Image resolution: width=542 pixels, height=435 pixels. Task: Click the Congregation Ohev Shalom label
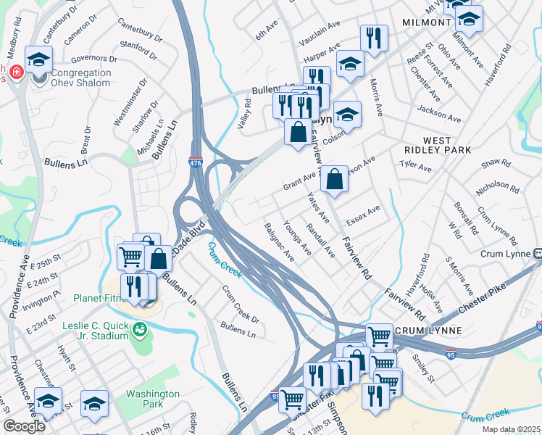pos(71,78)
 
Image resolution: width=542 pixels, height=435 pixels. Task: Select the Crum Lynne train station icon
pos(538,254)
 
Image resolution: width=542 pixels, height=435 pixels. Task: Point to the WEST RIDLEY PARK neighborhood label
pos(437,145)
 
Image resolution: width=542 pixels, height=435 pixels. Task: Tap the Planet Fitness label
pos(100,297)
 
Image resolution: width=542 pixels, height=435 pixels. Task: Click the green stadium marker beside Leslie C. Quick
pos(140,331)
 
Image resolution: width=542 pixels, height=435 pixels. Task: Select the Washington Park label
pos(152,399)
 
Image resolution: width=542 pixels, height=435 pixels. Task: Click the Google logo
pos(25,426)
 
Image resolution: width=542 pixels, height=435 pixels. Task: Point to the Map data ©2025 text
pos(510,429)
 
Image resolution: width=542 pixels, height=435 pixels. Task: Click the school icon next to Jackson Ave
pos(347,115)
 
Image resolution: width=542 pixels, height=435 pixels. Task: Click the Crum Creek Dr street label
pos(241,304)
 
